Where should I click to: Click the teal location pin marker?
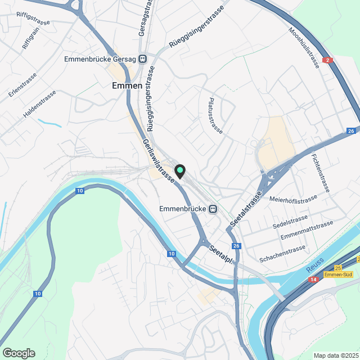pos(180,170)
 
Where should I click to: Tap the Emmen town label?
pos(128,85)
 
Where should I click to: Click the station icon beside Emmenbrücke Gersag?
pos(143,58)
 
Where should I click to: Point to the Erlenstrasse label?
pos(23,85)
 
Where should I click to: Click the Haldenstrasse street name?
pos(39,104)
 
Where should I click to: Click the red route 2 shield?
pos(328,60)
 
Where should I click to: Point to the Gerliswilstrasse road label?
pos(159,161)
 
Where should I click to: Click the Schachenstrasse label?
pos(282,254)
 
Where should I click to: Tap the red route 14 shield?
pos(313,279)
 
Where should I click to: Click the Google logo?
pos(19,353)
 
